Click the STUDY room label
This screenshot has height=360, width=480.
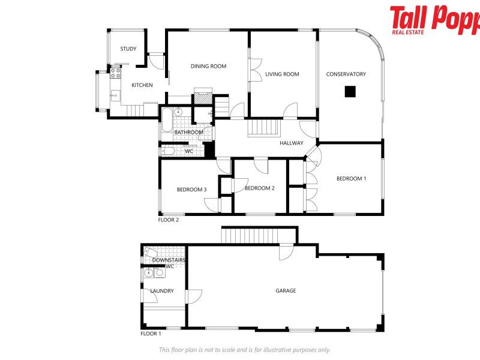[128, 49]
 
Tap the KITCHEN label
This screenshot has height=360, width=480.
[142, 85]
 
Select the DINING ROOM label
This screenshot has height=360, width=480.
[208, 67]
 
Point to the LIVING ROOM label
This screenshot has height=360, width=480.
[282, 74]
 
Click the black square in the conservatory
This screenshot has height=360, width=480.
[350, 92]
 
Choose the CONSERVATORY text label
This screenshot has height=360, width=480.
[346, 74]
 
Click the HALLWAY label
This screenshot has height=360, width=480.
[292, 143]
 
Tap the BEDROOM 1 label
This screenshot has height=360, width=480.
[351, 179]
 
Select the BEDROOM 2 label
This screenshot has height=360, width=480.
[259, 188]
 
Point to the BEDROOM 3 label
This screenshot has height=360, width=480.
[191, 190]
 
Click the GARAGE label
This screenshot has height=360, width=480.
[286, 291]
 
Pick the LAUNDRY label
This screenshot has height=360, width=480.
[162, 291]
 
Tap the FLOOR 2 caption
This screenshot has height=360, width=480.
[169, 220]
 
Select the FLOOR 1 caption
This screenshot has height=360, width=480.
[151, 334]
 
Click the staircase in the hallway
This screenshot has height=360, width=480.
[265, 127]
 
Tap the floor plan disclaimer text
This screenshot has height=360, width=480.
[244, 350]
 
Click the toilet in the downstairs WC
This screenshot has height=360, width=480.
[150, 254]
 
